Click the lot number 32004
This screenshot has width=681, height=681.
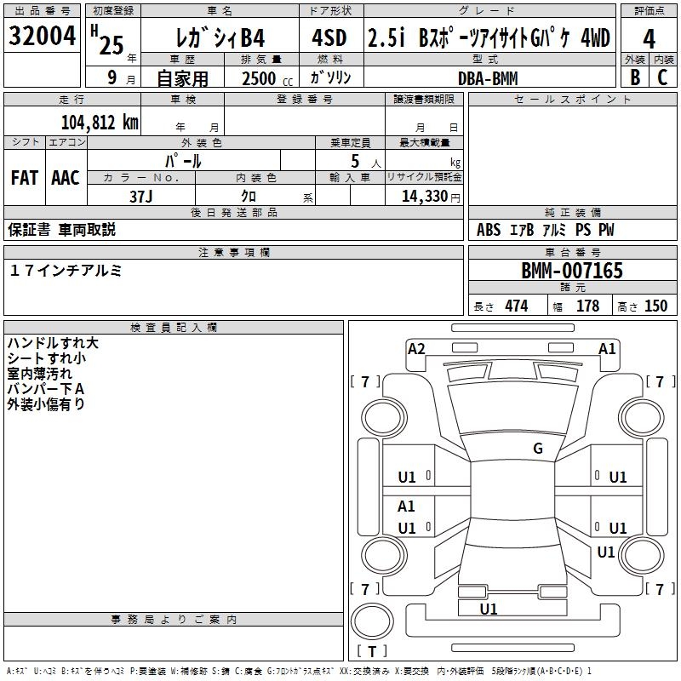tap(43, 37)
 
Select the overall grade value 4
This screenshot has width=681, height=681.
tap(650, 38)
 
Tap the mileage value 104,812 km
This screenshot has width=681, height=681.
tap(100, 122)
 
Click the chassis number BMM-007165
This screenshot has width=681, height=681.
tap(572, 272)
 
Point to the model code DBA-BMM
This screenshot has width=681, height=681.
tap(488, 77)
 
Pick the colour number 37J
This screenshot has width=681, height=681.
tap(141, 195)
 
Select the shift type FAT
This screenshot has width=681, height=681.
tap(25, 178)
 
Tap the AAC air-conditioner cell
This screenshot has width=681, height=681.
tap(66, 178)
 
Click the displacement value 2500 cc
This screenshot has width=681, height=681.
tap(260, 78)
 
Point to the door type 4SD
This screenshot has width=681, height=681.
tap(329, 38)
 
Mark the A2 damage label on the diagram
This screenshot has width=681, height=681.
tap(416, 348)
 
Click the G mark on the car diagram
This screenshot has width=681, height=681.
tap(538, 449)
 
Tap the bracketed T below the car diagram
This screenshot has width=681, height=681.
tap(372, 652)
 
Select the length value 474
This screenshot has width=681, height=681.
tap(516, 306)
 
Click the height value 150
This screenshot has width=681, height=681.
tap(655, 306)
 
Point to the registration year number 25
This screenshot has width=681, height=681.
tap(112, 44)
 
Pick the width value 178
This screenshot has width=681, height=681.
tap(587, 306)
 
